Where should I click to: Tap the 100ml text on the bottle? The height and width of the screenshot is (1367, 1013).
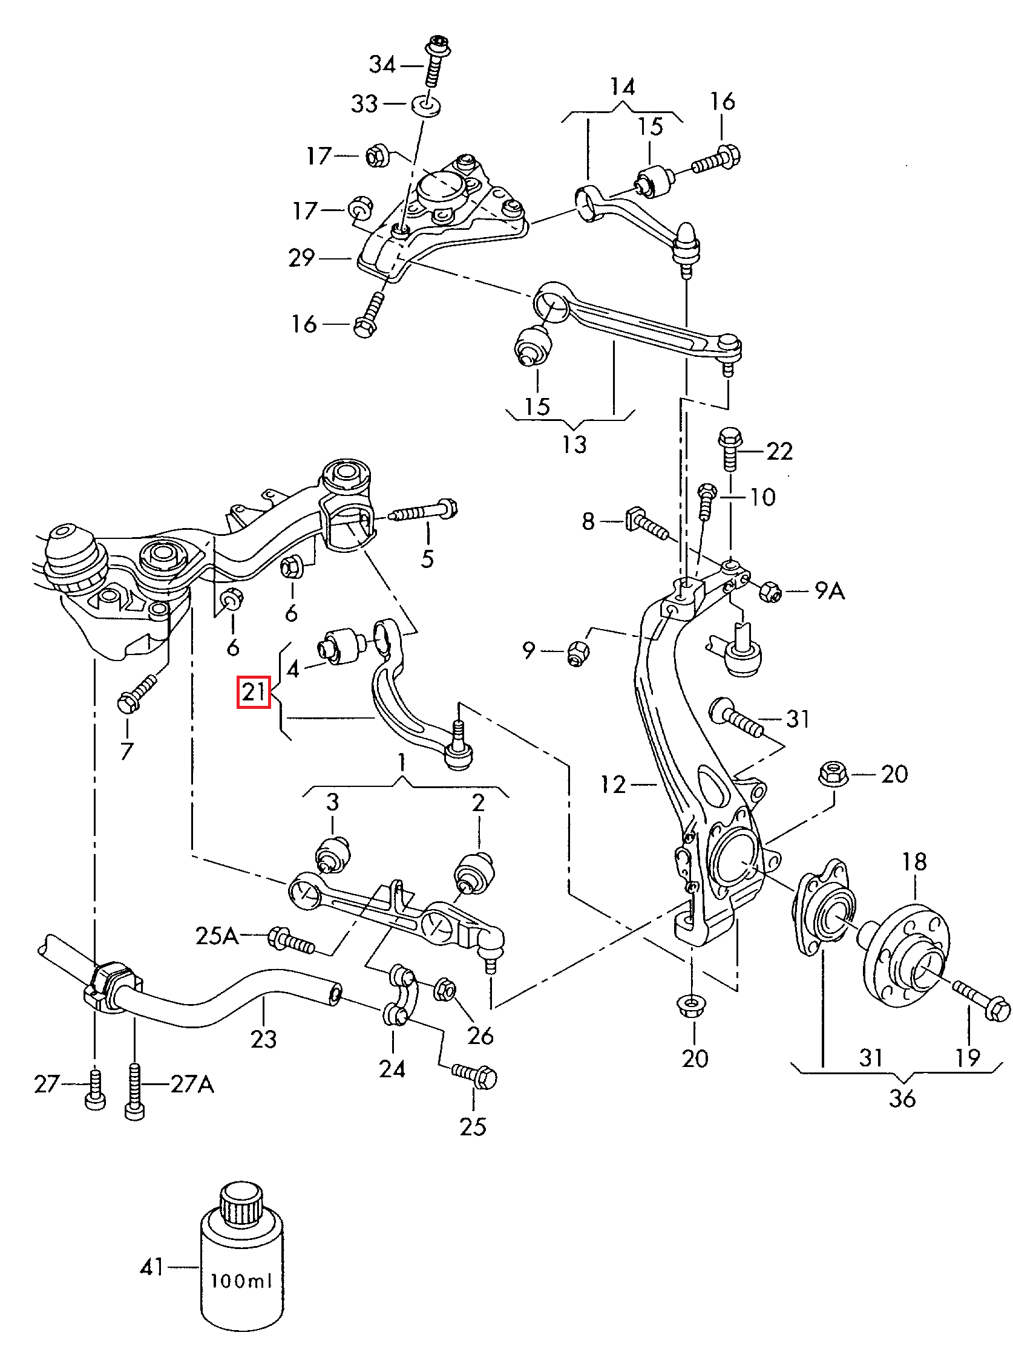point(240,1282)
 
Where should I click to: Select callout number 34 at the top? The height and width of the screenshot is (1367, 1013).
point(382,64)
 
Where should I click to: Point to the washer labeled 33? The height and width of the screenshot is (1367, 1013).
point(428,105)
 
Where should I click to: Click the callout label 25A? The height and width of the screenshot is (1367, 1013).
point(217,936)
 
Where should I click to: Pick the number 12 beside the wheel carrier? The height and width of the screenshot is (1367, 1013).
point(613,784)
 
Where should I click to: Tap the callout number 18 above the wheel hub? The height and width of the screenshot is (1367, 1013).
point(914,862)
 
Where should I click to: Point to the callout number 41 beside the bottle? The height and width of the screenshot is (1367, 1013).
point(151,1267)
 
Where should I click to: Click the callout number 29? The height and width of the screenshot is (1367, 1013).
point(301,258)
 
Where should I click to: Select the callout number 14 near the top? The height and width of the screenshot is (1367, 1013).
point(622,87)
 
